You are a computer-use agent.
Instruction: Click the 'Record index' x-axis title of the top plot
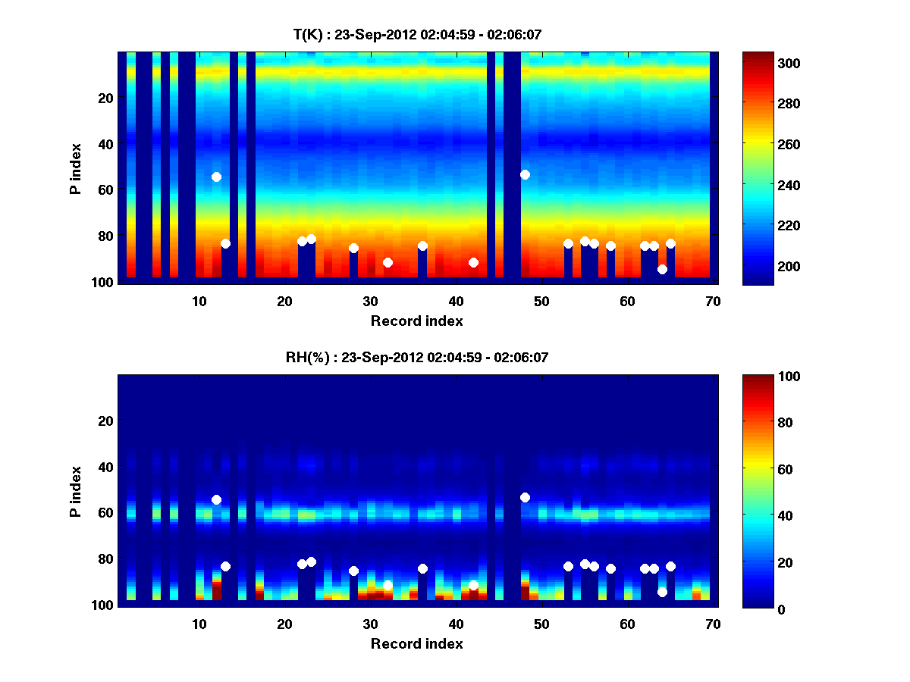point(416,321)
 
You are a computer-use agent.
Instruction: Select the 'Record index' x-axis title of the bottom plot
point(416,643)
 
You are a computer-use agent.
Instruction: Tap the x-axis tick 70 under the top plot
point(713,301)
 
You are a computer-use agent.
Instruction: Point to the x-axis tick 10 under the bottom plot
point(199,624)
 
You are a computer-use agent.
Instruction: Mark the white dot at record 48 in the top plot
point(525,174)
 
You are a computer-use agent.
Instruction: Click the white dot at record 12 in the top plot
point(216,177)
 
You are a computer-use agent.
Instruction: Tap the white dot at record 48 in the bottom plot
point(525,497)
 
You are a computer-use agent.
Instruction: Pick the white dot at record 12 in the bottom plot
point(216,499)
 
